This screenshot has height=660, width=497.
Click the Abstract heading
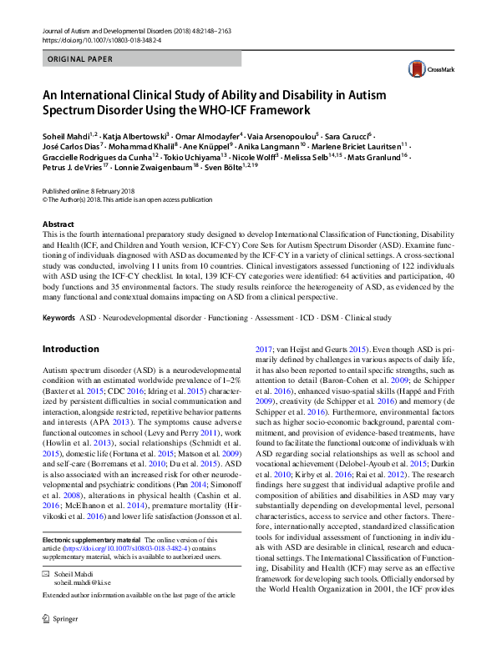coord(59,224)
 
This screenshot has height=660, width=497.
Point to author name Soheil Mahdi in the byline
coord(68,135)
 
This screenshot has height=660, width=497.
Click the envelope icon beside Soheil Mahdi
coord(48,597)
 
